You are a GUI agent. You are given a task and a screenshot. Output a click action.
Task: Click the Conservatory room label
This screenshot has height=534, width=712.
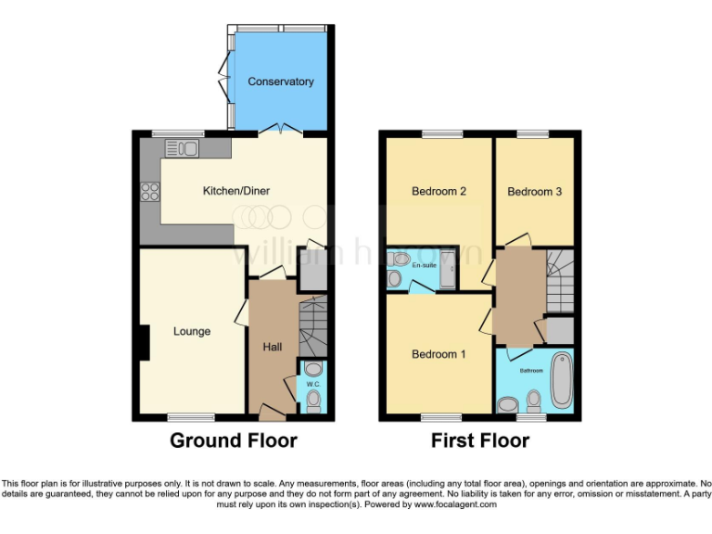tap(280, 82)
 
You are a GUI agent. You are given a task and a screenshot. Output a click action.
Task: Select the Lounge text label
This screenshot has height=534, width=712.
tap(192, 331)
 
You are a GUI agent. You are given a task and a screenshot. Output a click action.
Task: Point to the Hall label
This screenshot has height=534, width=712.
tap(273, 347)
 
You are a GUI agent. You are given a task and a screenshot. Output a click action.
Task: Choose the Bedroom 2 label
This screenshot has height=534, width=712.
tap(439, 192)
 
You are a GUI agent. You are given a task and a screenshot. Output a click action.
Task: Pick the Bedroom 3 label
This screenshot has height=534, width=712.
tap(535, 192)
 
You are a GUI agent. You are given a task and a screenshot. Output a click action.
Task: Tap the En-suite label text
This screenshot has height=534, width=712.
tap(424, 266)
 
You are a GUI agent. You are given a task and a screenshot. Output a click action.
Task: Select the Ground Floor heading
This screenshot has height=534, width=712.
tap(233, 440)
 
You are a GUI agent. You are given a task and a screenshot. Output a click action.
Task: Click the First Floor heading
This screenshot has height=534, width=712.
tap(480, 440)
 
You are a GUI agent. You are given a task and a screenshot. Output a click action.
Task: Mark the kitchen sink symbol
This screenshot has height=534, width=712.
tap(182, 147)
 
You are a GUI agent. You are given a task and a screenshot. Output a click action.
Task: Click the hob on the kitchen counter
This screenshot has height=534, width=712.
tap(149, 193)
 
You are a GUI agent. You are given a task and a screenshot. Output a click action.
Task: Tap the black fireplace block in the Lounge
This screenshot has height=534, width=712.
tap(143, 343)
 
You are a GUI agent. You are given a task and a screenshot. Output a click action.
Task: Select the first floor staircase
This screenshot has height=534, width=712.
tap(560, 283)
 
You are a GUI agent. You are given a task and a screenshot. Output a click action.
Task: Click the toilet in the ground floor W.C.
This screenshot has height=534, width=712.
tap(313, 400)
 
